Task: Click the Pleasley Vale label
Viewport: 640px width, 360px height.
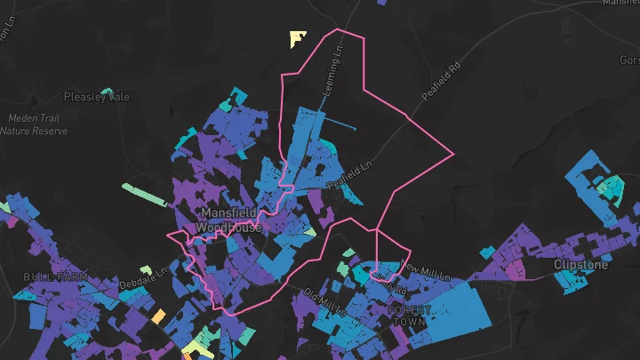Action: point(96,97)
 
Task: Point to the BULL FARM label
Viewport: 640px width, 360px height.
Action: point(55,277)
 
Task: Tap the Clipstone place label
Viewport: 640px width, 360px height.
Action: point(581,265)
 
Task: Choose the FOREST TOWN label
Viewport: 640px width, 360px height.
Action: point(410,316)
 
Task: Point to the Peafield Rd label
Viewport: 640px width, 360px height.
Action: point(444,81)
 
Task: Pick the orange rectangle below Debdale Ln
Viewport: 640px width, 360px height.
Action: point(158,316)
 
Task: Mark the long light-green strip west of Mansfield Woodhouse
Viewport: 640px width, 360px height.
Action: point(144,195)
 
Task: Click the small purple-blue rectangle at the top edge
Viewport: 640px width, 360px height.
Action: point(383,3)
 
